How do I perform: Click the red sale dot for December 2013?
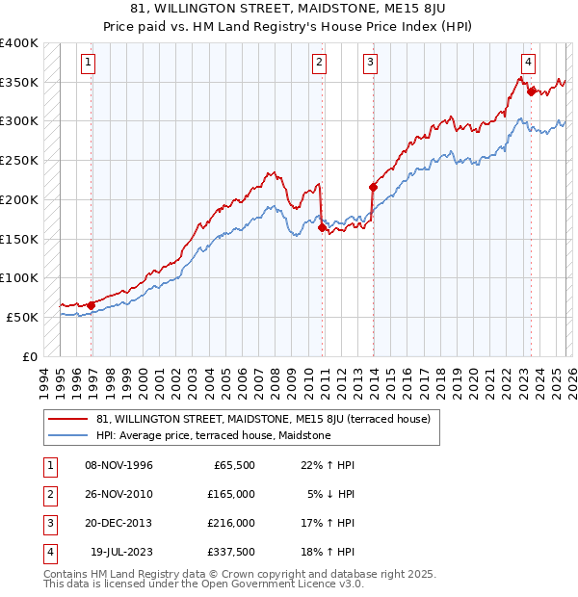tap(373, 187)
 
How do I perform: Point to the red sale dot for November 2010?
tap(322, 227)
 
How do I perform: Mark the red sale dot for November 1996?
tap(92, 305)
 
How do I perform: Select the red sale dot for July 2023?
tap(531, 91)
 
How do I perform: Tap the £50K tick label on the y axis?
tap(22, 317)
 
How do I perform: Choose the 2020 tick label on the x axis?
tap(475, 380)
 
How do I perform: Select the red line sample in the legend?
tap(67, 419)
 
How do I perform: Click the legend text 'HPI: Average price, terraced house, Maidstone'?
tap(213, 435)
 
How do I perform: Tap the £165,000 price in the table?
tap(231, 494)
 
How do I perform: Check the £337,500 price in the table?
tap(231, 552)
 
